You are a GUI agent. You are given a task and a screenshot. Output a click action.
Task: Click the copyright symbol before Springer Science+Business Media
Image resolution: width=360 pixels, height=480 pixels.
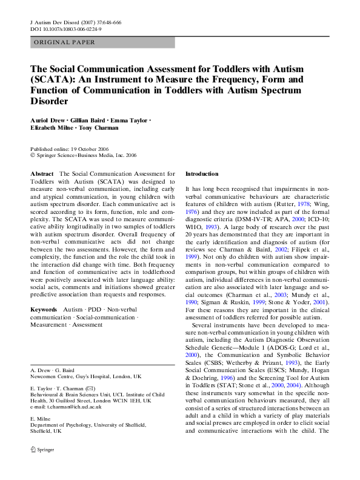tap(33, 155)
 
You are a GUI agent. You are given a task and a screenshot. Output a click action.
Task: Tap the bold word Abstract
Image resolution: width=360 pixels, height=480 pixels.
tap(42, 174)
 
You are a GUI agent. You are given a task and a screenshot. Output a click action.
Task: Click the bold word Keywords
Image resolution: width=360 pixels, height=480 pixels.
tap(44, 310)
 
